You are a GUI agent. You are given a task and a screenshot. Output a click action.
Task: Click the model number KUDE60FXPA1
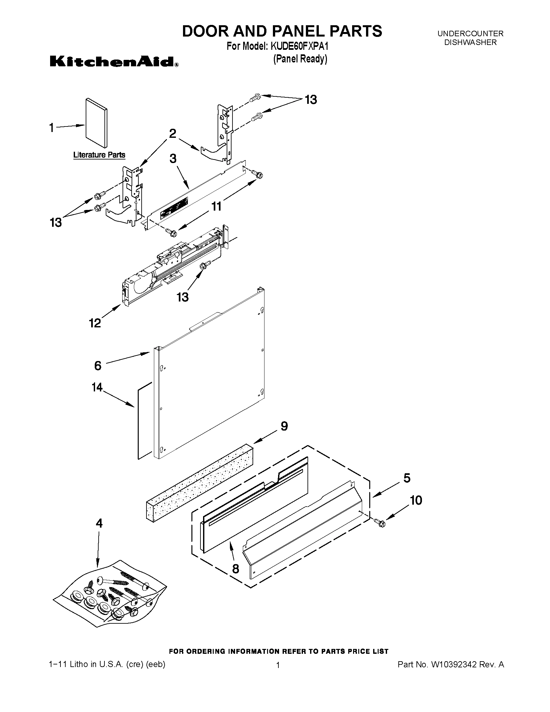point(299,46)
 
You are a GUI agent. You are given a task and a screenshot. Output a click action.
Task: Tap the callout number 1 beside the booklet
point(51,127)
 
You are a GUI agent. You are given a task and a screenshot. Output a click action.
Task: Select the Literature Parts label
point(99,155)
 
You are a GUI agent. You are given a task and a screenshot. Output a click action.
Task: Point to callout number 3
point(173,159)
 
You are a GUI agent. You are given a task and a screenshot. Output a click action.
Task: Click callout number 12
point(95,323)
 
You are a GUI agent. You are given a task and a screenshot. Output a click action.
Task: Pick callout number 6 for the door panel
point(98,366)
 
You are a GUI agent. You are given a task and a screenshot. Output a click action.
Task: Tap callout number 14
point(97,387)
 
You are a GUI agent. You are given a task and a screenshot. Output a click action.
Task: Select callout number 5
point(407,478)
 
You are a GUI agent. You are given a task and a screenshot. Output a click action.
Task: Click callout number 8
point(235,569)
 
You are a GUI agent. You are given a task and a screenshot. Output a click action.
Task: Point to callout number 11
point(216,206)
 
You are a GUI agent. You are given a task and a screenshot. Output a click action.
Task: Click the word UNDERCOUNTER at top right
point(470,33)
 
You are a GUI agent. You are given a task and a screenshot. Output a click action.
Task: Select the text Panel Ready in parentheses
point(300,59)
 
